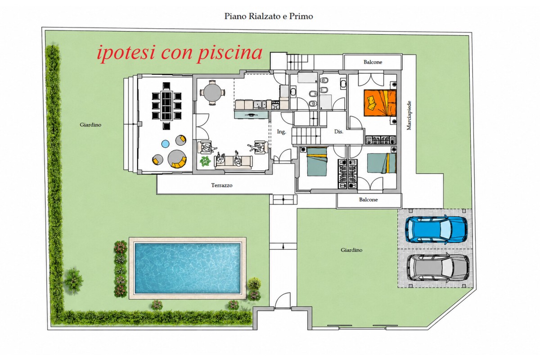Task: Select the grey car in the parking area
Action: pyautogui.click(x=438, y=267)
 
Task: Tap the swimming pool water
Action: pyautogui.click(x=188, y=268)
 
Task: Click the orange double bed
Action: pyautogui.click(x=380, y=103)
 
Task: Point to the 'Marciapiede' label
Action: pyautogui.click(x=409, y=116)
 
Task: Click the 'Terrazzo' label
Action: pyautogui.click(x=222, y=185)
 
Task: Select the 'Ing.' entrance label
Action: pyautogui.click(x=281, y=132)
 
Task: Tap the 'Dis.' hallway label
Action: pyautogui.click(x=339, y=131)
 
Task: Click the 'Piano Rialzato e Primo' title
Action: pyautogui.click(x=269, y=16)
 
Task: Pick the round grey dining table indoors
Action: pyautogui.click(x=212, y=93)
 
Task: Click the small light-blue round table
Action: pyautogui.click(x=165, y=144)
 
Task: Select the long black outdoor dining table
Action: pyautogui.click(x=166, y=106)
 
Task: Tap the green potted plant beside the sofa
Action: pyautogui.click(x=205, y=161)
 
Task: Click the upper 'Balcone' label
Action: pyautogui.click(x=373, y=62)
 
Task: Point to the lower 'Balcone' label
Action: pyautogui.click(x=368, y=200)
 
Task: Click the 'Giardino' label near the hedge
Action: pyautogui.click(x=90, y=125)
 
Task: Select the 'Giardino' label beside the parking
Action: pyautogui.click(x=351, y=250)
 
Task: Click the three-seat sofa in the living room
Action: pyautogui.click(x=233, y=161)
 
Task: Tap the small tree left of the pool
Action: pyautogui.click(x=73, y=281)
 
